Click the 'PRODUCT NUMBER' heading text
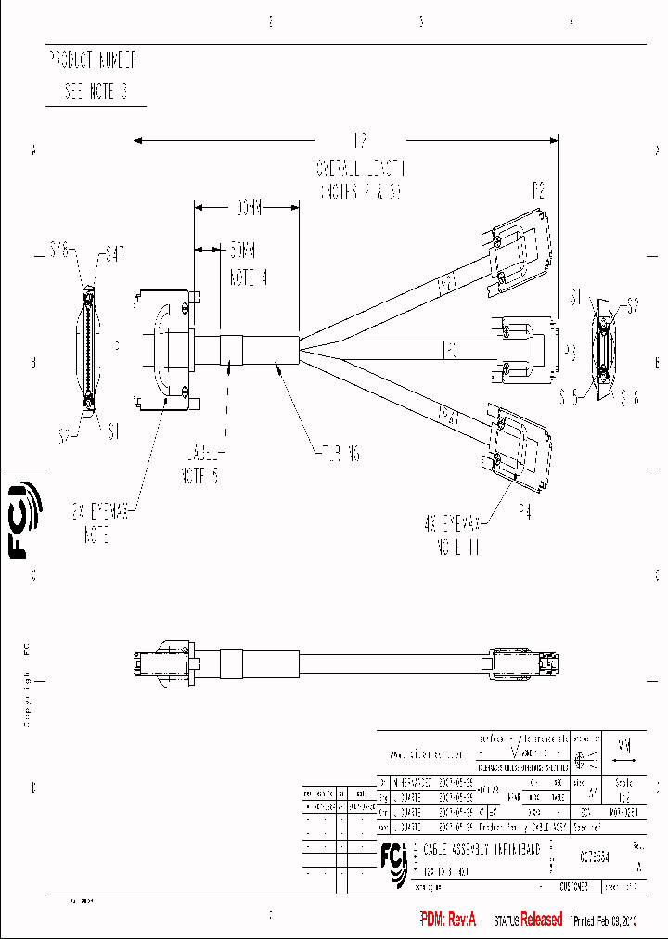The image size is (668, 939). pyautogui.click(x=93, y=61)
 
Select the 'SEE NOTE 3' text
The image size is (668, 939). pyautogui.click(x=96, y=92)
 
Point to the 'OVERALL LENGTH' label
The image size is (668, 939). pyautogui.click(x=360, y=168)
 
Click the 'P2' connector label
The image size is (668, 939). pyautogui.click(x=538, y=192)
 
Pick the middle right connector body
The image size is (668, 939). pyautogui.click(x=524, y=350)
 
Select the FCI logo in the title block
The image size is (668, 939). pyautogui.click(x=394, y=860)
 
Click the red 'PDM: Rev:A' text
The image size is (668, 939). pyautogui.click(x=448, y=920)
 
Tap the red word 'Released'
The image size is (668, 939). pyautogui.click(x=541, y=920)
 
